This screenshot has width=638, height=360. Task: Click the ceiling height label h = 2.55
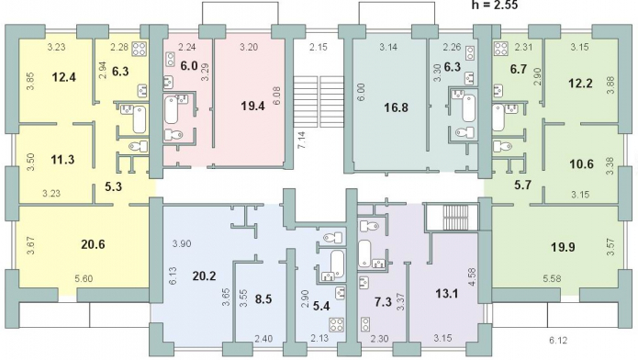click(495, 5)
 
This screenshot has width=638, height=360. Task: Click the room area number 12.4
click(64, 77)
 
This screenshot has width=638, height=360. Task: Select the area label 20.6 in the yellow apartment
click(93, 244)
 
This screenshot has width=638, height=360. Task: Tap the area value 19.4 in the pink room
click(252, 107)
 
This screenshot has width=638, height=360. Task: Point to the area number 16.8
click(396, 108)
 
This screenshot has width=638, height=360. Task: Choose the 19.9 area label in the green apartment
click(563, 247)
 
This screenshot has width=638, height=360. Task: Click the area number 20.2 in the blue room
click(204, 276)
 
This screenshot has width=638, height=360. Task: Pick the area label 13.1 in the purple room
click(447, 293)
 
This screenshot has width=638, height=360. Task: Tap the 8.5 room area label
click(263, 299)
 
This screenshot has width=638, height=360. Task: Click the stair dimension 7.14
click(301, 140)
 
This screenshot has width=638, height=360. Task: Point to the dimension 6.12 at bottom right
click(557, 341)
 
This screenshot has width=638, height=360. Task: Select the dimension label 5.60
click(84, 279)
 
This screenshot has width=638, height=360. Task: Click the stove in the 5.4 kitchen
click(337, 324)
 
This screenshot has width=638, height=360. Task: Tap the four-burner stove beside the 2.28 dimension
click(139, 49)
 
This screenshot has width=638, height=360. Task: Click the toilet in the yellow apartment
click(139, 146)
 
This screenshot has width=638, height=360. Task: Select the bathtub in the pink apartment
click(172, 108)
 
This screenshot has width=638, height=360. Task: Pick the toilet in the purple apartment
click(369, 225)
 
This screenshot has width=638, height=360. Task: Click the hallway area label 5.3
click(113, 187)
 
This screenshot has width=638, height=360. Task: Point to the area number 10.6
click(581, 164)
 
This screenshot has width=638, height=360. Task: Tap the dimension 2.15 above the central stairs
click(319, 47)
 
